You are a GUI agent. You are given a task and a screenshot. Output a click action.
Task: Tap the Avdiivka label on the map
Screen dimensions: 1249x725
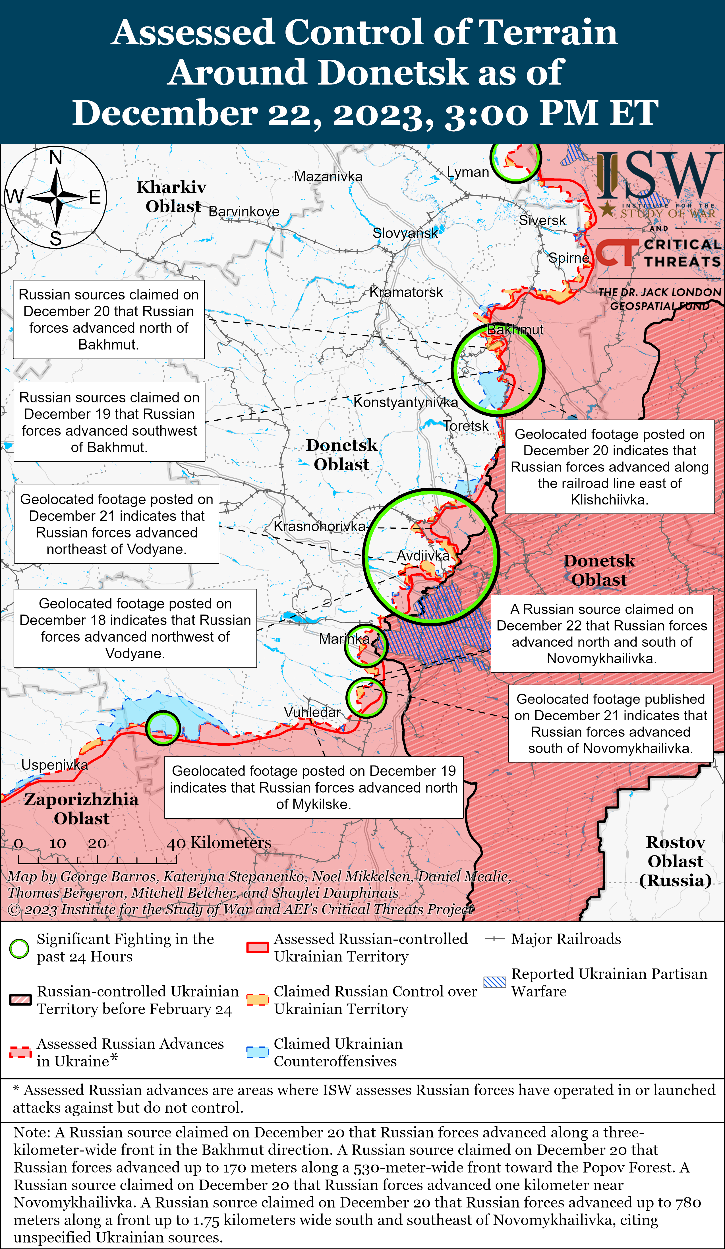click(x=423, y=556)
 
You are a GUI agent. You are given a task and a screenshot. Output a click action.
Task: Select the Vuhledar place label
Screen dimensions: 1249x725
click(x=312, y=712)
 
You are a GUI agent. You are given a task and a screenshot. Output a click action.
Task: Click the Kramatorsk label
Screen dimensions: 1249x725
click(x=406, y=292)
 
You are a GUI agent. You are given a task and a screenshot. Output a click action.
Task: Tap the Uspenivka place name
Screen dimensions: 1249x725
click(x=55, y=765)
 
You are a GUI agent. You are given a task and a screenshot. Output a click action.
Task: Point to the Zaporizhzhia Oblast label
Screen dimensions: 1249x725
click(x=81, y=808)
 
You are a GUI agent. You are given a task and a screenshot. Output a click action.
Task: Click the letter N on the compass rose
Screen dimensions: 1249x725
click(x=55, y=158)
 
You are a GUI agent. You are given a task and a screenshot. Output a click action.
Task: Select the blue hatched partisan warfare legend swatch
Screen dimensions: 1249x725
click(x=495, y=982)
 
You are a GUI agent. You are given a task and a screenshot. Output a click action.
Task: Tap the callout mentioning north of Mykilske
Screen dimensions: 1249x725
click(x=313, y=787)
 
